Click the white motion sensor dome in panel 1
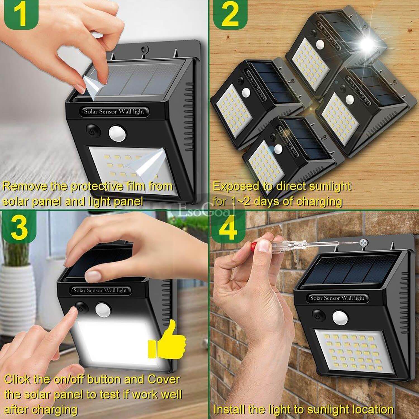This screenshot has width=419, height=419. click(x=117, y=133)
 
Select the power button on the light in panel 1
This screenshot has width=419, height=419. click(x=91, y=130)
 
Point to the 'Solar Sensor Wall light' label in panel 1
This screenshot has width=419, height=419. click(x=114, y=111)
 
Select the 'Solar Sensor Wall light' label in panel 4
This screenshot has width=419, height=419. click(x=337, y=298)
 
